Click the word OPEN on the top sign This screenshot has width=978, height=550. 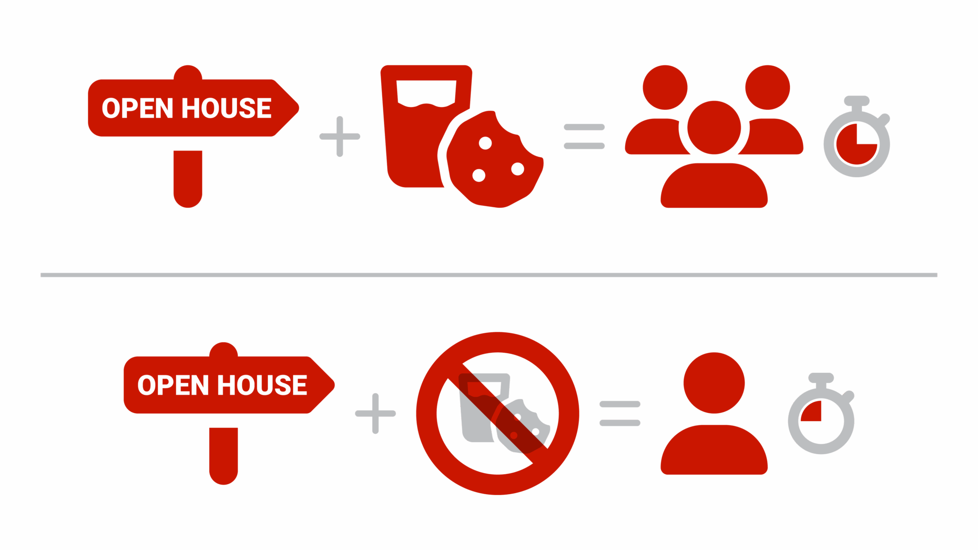coord(137,108)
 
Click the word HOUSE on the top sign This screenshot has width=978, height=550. coord(226,108)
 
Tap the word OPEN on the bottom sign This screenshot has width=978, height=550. coord(173,385)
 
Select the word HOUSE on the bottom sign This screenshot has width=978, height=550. coord(262,385)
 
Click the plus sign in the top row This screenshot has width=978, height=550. coord(340,137)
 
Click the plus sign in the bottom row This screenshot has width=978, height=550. coord(375,413)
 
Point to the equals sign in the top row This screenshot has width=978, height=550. coord(584,137)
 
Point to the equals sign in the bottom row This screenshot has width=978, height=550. coord(620,413)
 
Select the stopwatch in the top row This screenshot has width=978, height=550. coord(857,141)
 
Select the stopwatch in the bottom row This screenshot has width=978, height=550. coord(821,418)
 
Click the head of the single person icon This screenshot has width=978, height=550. coord(714,383)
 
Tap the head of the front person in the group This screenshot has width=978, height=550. coord(714,127)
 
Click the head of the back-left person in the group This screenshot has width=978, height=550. coord(665,87)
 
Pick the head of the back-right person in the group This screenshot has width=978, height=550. coord(767,87)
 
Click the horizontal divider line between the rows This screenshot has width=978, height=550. coord(489,275)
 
